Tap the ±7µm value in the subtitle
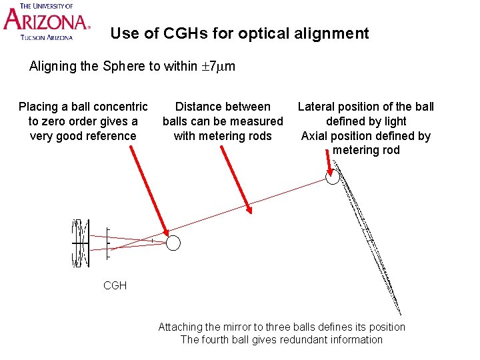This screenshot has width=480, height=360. [x=218, y=67]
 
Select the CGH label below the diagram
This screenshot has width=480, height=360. [x=115, y=285]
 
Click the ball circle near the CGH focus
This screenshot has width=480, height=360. [x=173, y=243]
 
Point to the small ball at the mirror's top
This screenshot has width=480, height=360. [x=332, y=177]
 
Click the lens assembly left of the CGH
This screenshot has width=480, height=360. [x=80, y=243]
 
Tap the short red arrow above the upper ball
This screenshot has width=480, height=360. [x=328, y=161]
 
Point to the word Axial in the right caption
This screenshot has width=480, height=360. [x=315, y=136]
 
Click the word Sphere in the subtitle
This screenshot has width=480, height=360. [x=123, y=67]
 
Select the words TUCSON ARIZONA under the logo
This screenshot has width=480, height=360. [x=46, y=37]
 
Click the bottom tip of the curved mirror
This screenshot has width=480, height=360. [x=401, y=313]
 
